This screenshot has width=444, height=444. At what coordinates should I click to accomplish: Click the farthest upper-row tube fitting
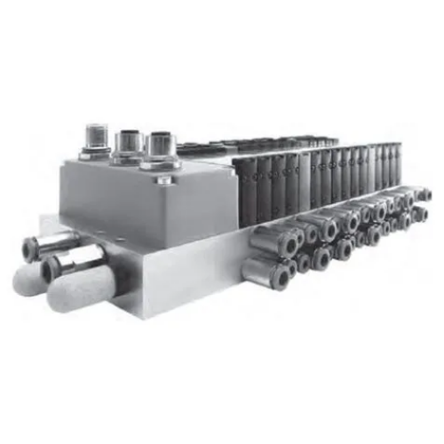pos(424,194)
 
